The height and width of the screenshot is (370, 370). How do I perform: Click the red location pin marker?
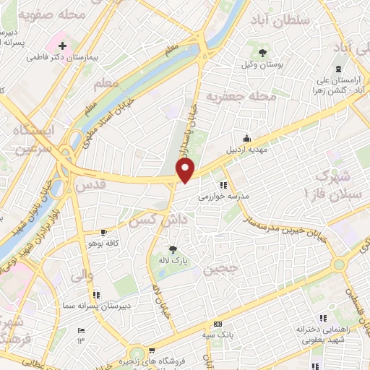click(186, 171)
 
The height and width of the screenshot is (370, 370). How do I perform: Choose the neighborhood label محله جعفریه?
click(232, 97)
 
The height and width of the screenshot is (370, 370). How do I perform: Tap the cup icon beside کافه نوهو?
click(105, 232)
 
